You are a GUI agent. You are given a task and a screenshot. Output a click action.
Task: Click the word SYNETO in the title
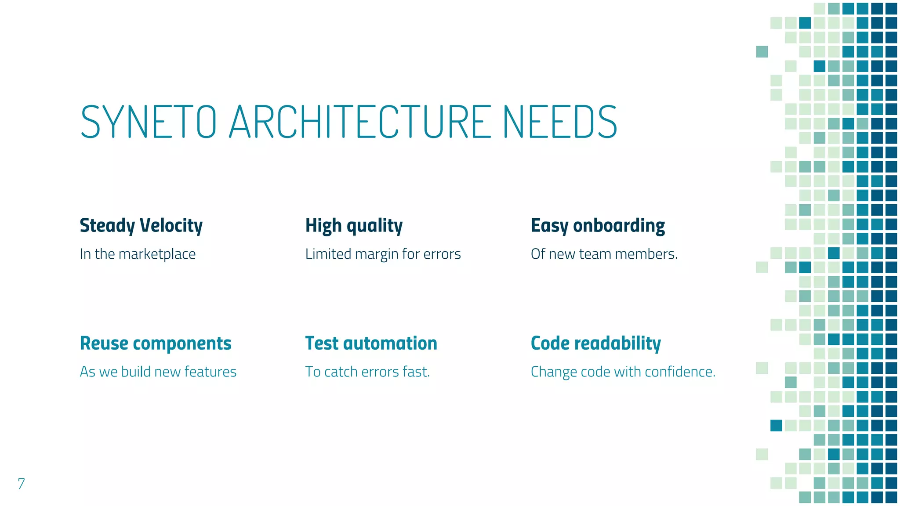coord(149,122)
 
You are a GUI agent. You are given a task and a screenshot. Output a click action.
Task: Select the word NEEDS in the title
coord(560,122)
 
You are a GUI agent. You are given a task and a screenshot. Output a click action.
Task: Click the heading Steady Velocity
coord(141,226)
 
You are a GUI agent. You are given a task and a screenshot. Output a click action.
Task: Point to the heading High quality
coord(354,226)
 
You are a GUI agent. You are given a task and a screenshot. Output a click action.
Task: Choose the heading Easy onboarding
coord(598,226)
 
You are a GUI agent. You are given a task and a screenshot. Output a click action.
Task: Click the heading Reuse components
coord(156,343)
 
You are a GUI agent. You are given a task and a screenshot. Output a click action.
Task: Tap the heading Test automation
coord(371,343)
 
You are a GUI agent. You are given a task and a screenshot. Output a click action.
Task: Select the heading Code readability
coord(595,343)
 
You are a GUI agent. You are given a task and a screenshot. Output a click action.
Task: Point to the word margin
coord(377,254)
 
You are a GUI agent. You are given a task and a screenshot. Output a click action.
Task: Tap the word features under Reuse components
coord(210,372)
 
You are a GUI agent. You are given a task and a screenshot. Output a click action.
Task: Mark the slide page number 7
coord(21,484)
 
